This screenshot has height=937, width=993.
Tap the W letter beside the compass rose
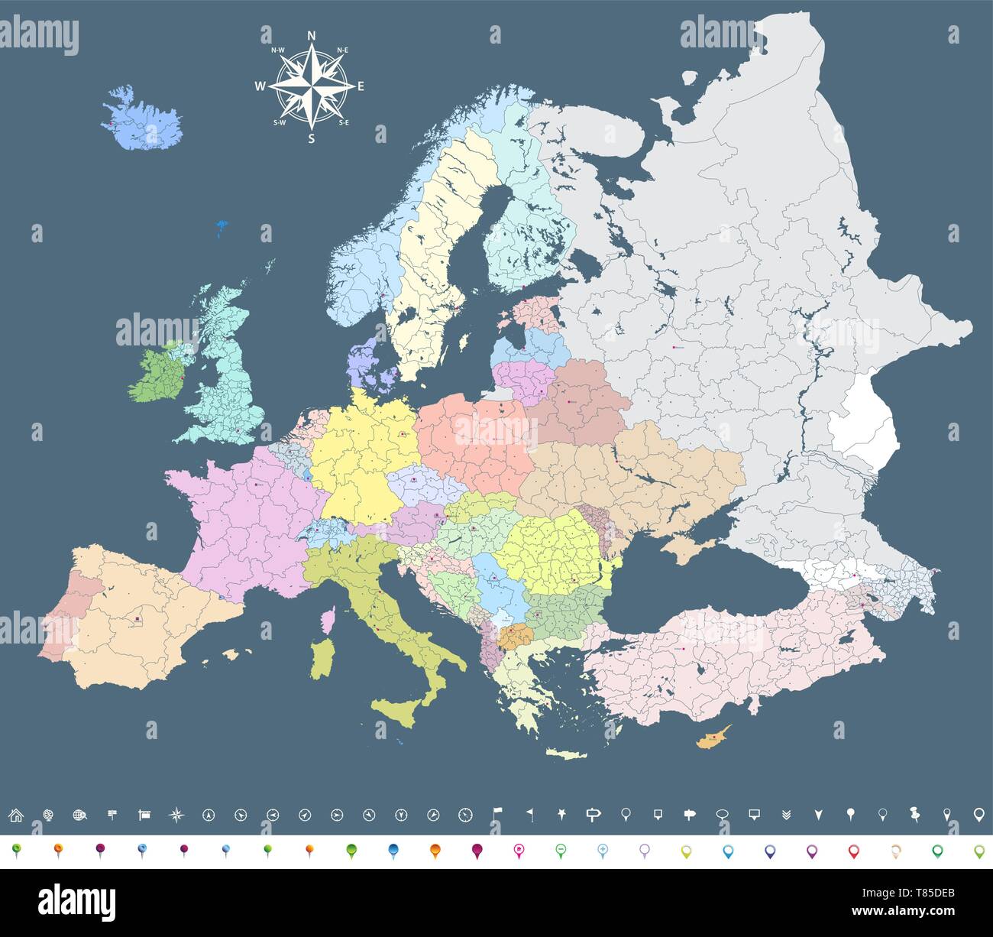pos(260,86)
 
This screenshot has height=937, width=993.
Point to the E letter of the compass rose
pos(361,86)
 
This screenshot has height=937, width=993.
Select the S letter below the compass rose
pos(311,138)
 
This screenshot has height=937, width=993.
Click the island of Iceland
pos(143,122)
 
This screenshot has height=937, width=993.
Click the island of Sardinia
pos(322,658)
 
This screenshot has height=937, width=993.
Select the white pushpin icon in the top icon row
pos(914,815)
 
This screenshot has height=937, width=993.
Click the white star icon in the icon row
pos(561,815)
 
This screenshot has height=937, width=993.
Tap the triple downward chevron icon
pos(788,815)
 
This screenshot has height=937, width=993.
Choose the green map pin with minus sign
pos(560,850)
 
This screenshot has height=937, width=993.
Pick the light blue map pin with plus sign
pos(602,850)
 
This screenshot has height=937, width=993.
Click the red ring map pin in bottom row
pos(853,850)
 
